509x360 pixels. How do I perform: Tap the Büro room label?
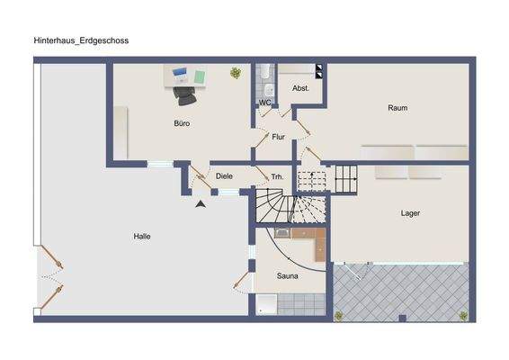[x=182, y=122]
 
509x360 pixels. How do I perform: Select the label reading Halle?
[x=142, y=237]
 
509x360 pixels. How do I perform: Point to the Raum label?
[x=397, y=108]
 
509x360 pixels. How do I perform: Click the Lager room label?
[x=410, y=213]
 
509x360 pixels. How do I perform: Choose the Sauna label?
[x=288, y=275]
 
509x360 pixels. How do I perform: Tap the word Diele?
[x=224, y=176]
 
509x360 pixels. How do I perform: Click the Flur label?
[x=278, y=138]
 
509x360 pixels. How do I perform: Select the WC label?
[x=265, y=103]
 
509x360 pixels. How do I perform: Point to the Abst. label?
[x=300, y=88]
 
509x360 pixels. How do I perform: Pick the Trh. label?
[x=277, y=177]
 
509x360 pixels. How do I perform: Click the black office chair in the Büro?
[x=184, y=89]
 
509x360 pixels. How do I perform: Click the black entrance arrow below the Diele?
[x=201, y=205]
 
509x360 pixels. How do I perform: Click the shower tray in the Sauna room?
[x=265, y=305]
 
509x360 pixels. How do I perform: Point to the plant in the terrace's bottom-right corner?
[x=464, y=315]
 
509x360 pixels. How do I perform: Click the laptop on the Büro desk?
[x=178, y=72]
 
